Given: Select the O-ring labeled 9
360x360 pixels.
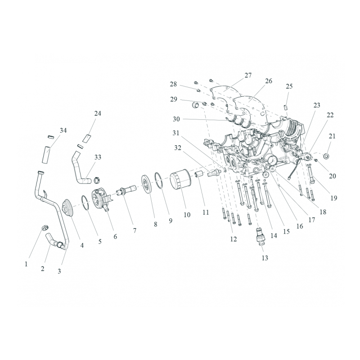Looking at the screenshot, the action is click(x=159, y=180).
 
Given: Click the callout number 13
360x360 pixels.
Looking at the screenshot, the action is click(x=265, y=258).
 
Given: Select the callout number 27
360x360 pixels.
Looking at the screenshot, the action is click(x=248, y=75).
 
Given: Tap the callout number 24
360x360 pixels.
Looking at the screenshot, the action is click(x=98, y=113).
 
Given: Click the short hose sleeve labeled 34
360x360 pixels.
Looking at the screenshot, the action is click(x=46, y=154).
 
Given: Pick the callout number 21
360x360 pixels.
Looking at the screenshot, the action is click(x=332, y=136).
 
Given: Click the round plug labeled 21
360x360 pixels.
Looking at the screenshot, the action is click(x=326, y=156).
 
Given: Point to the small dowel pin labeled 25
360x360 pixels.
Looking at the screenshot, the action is click(x=286, y=107).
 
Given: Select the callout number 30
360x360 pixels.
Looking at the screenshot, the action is click(x=176, y=119).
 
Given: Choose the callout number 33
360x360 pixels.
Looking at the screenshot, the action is click(x=98, y=157).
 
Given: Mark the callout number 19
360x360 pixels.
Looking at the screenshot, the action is click(x=333, y=198).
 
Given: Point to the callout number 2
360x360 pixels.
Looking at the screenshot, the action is click(x=42, y=268).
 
